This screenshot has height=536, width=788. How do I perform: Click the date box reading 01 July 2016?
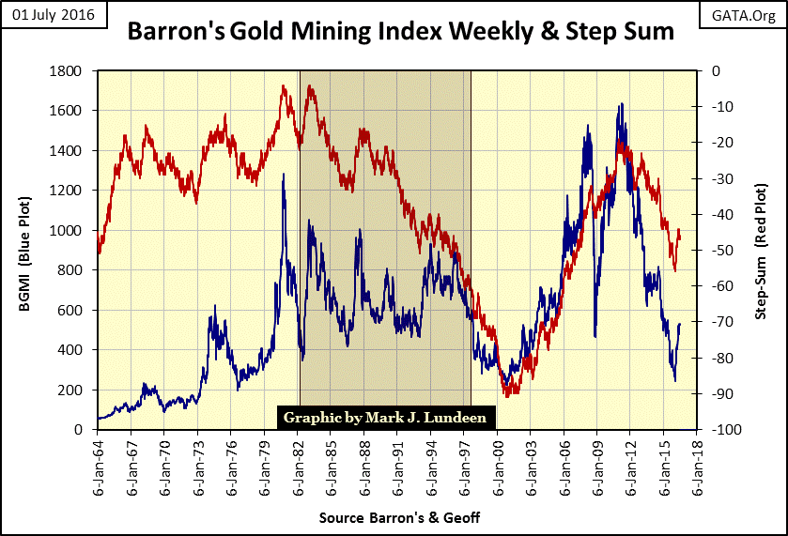point(55,16)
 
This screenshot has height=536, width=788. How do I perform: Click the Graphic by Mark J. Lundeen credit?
point(383,417)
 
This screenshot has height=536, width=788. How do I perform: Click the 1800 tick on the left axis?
point(71,71)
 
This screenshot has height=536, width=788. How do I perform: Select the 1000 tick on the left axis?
point(71,231)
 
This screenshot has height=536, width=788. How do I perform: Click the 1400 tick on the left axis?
point(71,151)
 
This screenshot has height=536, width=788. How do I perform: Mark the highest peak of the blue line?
point(620,104)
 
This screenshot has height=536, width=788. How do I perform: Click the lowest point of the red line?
point(507,395)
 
